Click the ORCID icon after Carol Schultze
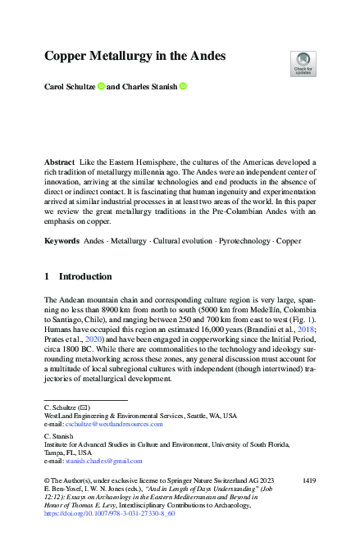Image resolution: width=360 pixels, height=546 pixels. click(x=101, y=85)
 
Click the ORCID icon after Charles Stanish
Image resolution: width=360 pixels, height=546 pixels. click(x=183, y=85)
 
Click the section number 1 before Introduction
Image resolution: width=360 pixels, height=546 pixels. click(x=47, y=276)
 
